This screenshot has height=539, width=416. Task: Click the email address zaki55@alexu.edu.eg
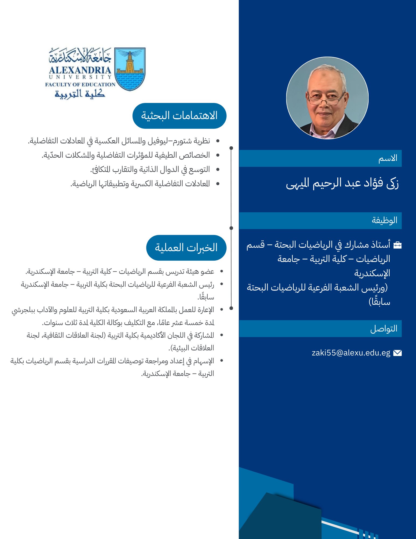pos(351,353)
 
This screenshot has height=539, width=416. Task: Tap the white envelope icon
pos(397,353)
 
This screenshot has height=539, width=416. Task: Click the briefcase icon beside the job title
pos(397,245)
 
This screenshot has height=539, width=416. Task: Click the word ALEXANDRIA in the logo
pos(80,70)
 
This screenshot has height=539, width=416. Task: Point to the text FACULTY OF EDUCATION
pos(80,84)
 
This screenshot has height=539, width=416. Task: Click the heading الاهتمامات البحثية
pos(179,116)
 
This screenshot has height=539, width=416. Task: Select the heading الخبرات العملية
pos(186,248)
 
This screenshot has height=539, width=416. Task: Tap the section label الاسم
pos(388,158)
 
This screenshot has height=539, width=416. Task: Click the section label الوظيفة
pos(384,220)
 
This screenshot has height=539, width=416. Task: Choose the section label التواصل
pos(384,329)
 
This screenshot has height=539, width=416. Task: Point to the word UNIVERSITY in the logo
pos(80,77)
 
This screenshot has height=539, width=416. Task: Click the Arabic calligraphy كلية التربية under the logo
pos(80,94)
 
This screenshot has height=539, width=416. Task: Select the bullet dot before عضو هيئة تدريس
pos(222,272)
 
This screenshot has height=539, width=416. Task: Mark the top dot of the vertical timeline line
pos(231,148)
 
